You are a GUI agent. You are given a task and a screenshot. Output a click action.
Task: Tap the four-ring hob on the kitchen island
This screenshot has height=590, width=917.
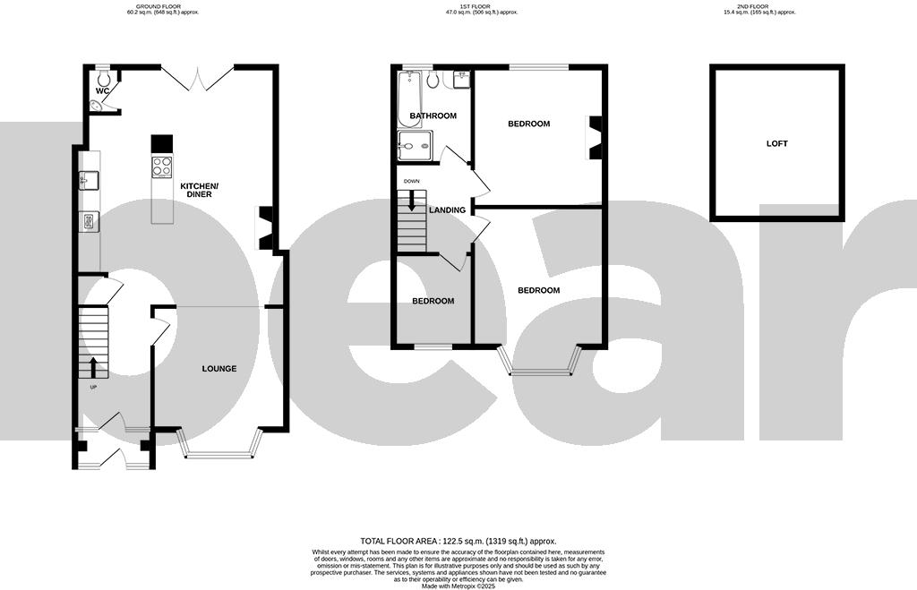162,167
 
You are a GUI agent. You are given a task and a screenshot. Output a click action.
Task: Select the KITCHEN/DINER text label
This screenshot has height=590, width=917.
199,190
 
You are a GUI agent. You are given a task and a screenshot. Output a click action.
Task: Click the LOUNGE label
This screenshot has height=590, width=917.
219,368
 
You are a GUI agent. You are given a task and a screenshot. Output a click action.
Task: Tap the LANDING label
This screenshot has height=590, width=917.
447,210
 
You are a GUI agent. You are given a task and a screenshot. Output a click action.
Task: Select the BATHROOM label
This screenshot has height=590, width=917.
433,116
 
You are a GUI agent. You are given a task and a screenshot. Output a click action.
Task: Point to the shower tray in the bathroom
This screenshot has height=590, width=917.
415,146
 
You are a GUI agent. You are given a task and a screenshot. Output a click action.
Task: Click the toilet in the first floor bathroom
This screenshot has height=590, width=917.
433,80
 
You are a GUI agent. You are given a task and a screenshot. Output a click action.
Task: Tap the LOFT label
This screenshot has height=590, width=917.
776,143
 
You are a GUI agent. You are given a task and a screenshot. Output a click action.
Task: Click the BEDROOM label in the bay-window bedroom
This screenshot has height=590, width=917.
538,290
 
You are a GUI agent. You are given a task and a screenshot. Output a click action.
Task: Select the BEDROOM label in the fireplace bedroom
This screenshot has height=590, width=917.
528,124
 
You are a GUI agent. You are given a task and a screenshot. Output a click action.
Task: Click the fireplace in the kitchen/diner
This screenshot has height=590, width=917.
265,227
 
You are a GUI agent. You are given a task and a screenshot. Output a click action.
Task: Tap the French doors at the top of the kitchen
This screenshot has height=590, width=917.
197,79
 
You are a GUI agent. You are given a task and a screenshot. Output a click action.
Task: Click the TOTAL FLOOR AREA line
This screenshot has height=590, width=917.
458,541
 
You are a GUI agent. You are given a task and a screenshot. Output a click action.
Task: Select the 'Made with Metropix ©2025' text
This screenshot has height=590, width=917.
458,586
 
